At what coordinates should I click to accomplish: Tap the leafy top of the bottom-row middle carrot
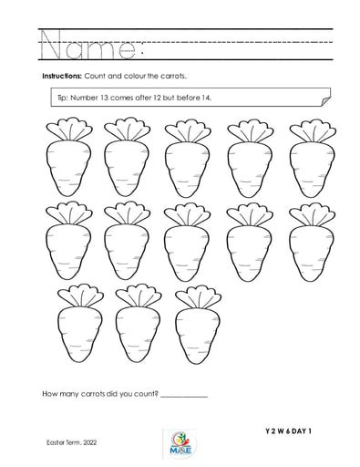137,294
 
